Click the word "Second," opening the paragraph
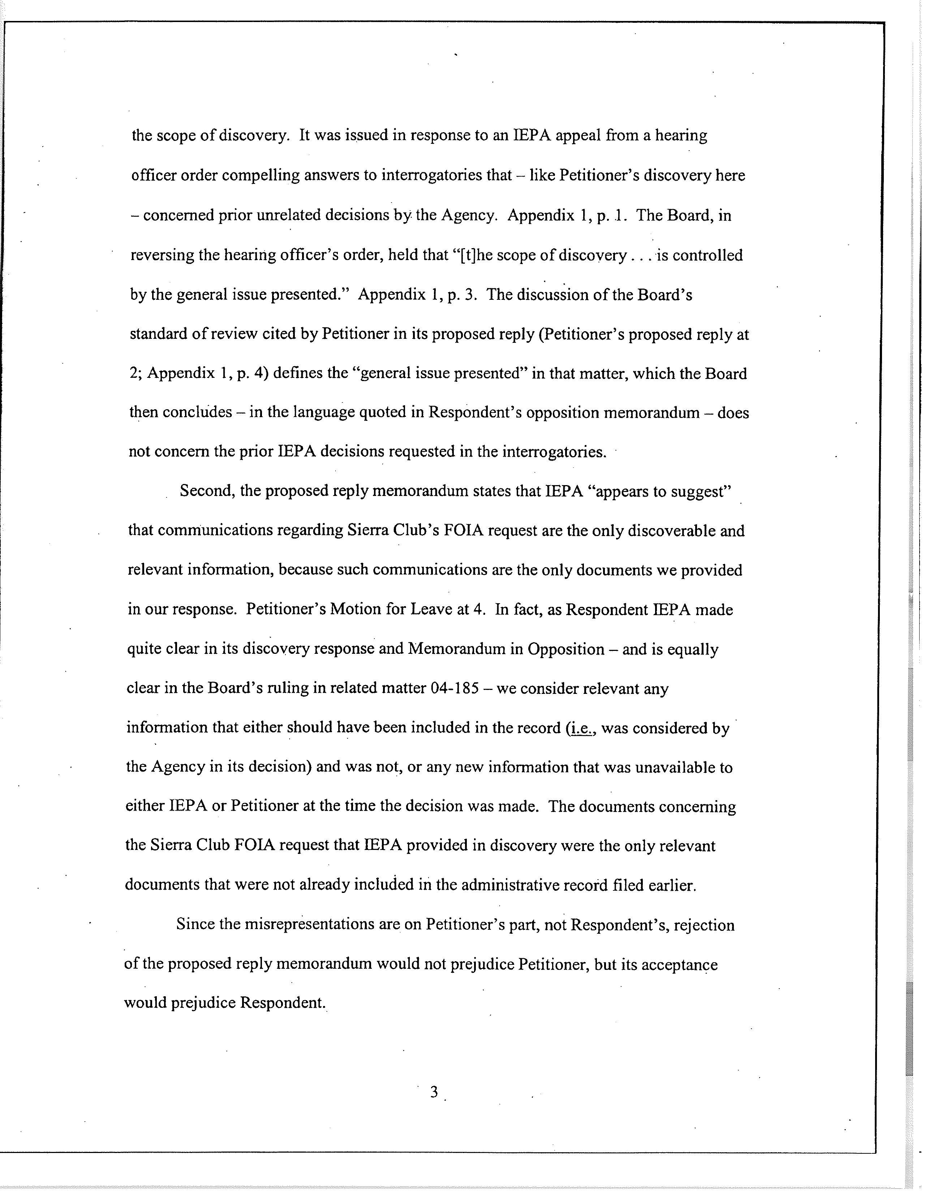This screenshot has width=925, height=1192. tap(207, 491)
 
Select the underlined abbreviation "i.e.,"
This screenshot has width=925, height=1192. tap(581, 729)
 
